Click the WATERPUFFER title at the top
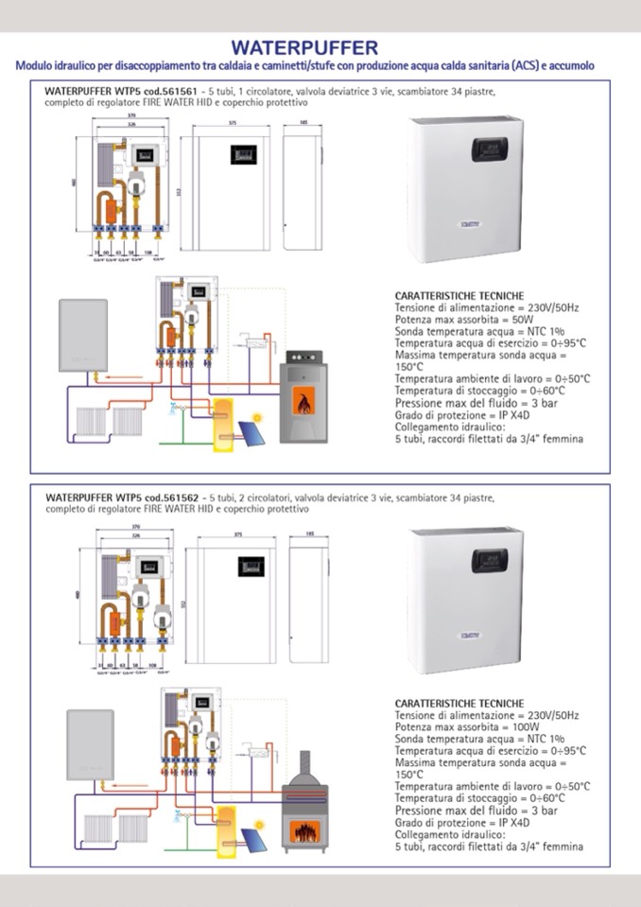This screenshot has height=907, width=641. point(304,47)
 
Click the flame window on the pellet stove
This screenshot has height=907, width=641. point(303,402)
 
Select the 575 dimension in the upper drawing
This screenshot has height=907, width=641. point(232,123)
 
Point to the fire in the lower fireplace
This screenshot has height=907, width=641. point(304,833)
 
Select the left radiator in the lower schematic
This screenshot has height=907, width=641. point(94,829)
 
